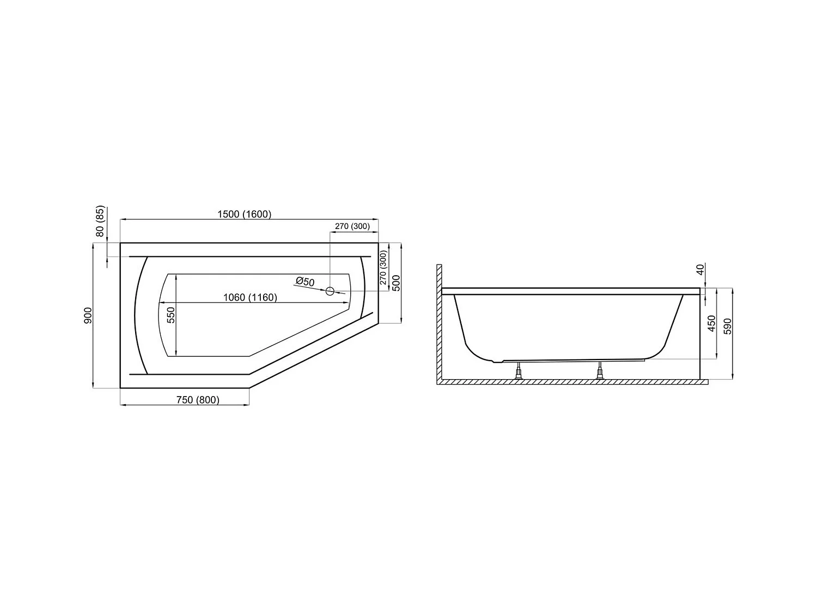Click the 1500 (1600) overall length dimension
coord(244,214)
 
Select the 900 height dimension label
coord(89,315)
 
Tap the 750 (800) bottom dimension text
coord(197,400)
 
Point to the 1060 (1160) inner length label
coord(250,298)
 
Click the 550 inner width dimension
coord(171,316)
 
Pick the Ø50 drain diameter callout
coord(305,282)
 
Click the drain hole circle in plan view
coord(330,291)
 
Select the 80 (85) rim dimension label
coord(100,222)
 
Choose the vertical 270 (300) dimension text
coord(383,268)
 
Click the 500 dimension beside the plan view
coord(396,283)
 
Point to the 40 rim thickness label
coord(701,269)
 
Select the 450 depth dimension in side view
coord(711,323)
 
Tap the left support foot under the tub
coord(519,373)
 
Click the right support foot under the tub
coord(600,373)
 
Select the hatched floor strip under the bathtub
coord(572,382)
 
